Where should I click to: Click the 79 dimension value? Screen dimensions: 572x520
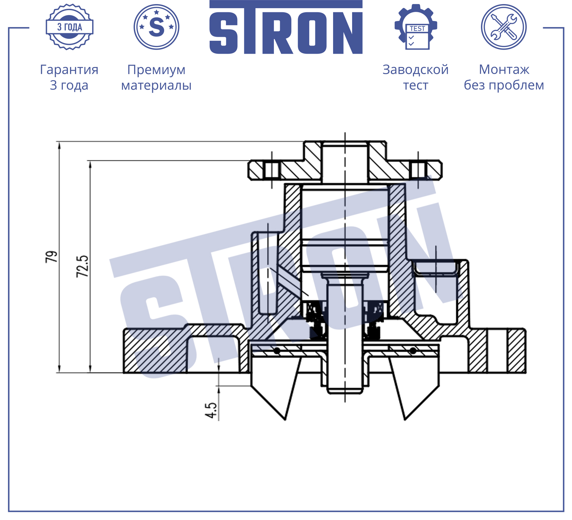coord(52,257)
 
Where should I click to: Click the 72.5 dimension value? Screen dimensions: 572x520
coord(82,266)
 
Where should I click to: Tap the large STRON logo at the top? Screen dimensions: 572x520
coord(286,27)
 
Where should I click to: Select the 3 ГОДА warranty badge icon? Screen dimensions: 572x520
coord(70,27)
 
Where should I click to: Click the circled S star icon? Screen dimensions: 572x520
coord(156,27)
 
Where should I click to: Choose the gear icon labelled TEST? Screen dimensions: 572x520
coord(416,27)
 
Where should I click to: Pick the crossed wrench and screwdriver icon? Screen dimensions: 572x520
coord(504,27)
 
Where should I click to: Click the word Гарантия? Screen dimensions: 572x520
coord(69,70)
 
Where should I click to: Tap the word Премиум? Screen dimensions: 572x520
coord(156,70)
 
